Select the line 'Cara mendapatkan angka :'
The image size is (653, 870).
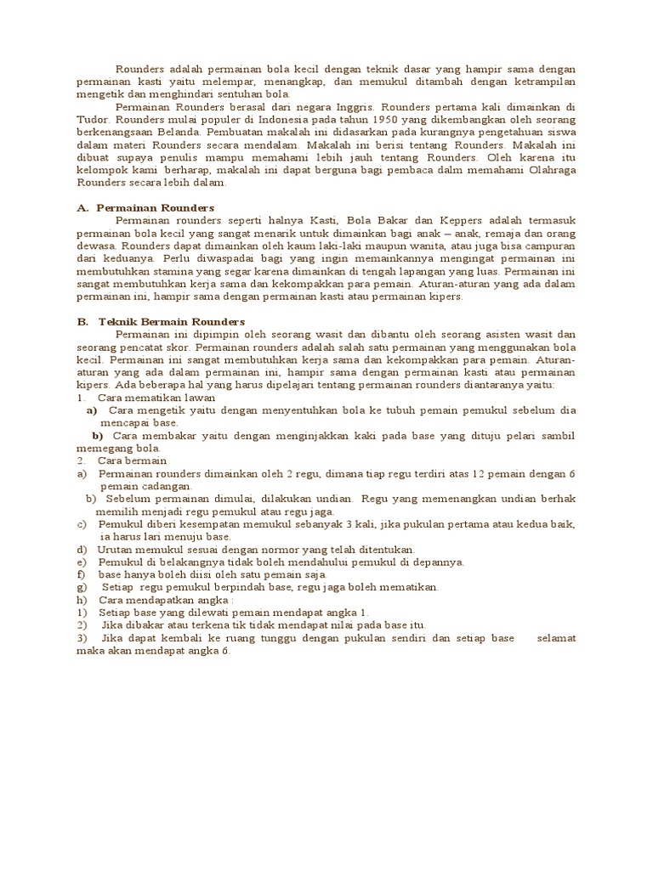(x=157, y=600)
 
